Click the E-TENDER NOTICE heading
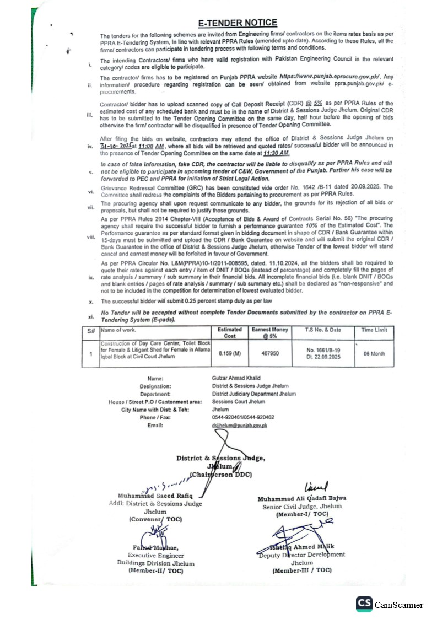238,23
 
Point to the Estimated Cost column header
229,332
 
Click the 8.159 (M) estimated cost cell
229,353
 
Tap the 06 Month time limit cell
374,353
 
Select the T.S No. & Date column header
323,330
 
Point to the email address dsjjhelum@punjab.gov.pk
239,426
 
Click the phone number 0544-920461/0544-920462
243,417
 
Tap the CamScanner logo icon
364,604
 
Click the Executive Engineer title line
156,556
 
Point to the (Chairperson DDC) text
220,474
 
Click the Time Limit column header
374,330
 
